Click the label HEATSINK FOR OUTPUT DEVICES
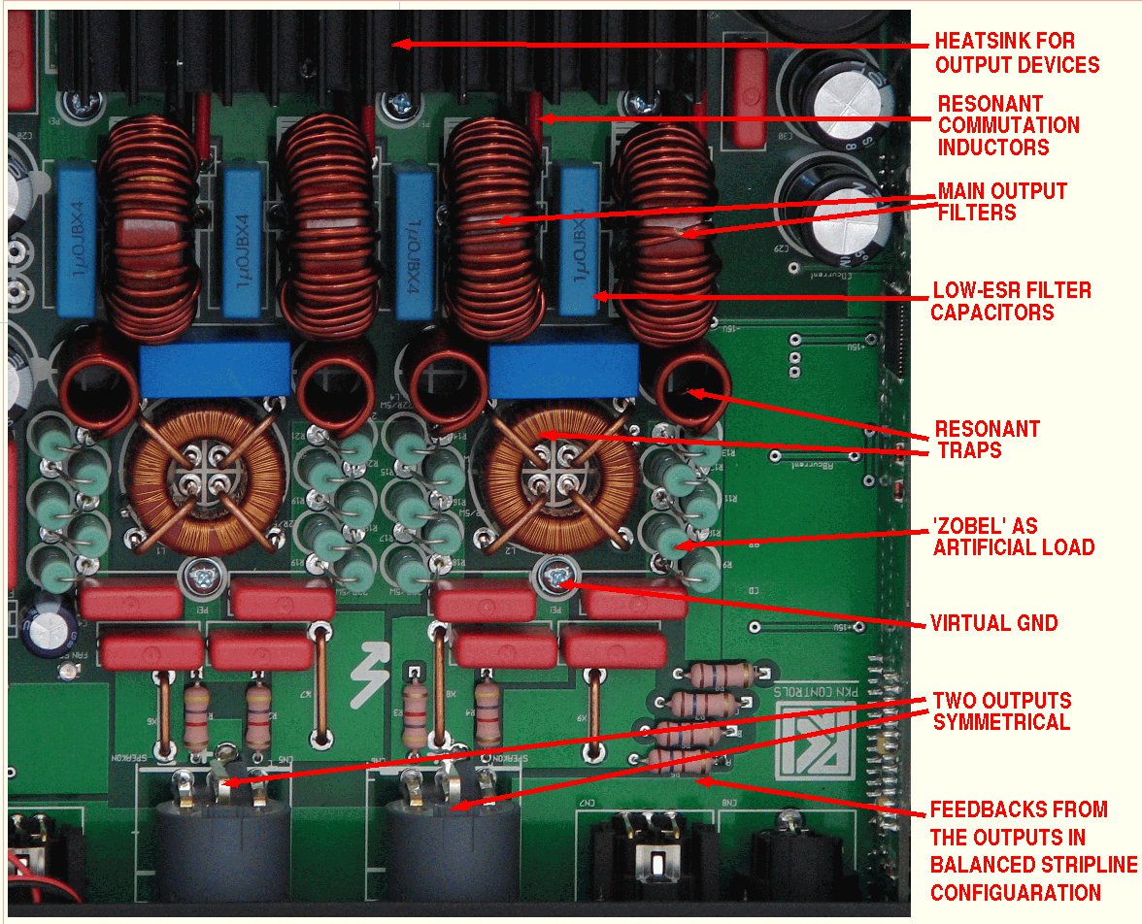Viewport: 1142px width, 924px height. [1016, 53]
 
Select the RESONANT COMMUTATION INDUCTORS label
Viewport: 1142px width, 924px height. [1008, 125]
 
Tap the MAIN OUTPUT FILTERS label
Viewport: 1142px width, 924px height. [1002, 201]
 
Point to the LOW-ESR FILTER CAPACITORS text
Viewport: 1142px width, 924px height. [1010, 301]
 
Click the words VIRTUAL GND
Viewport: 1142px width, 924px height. [992, 623]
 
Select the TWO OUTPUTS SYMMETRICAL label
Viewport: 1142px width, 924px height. [1000, 711]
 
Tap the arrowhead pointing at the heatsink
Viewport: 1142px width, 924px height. [400, 44]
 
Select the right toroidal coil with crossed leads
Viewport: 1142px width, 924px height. [552, 478]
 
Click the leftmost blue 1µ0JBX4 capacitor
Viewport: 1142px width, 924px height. [76, 240]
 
